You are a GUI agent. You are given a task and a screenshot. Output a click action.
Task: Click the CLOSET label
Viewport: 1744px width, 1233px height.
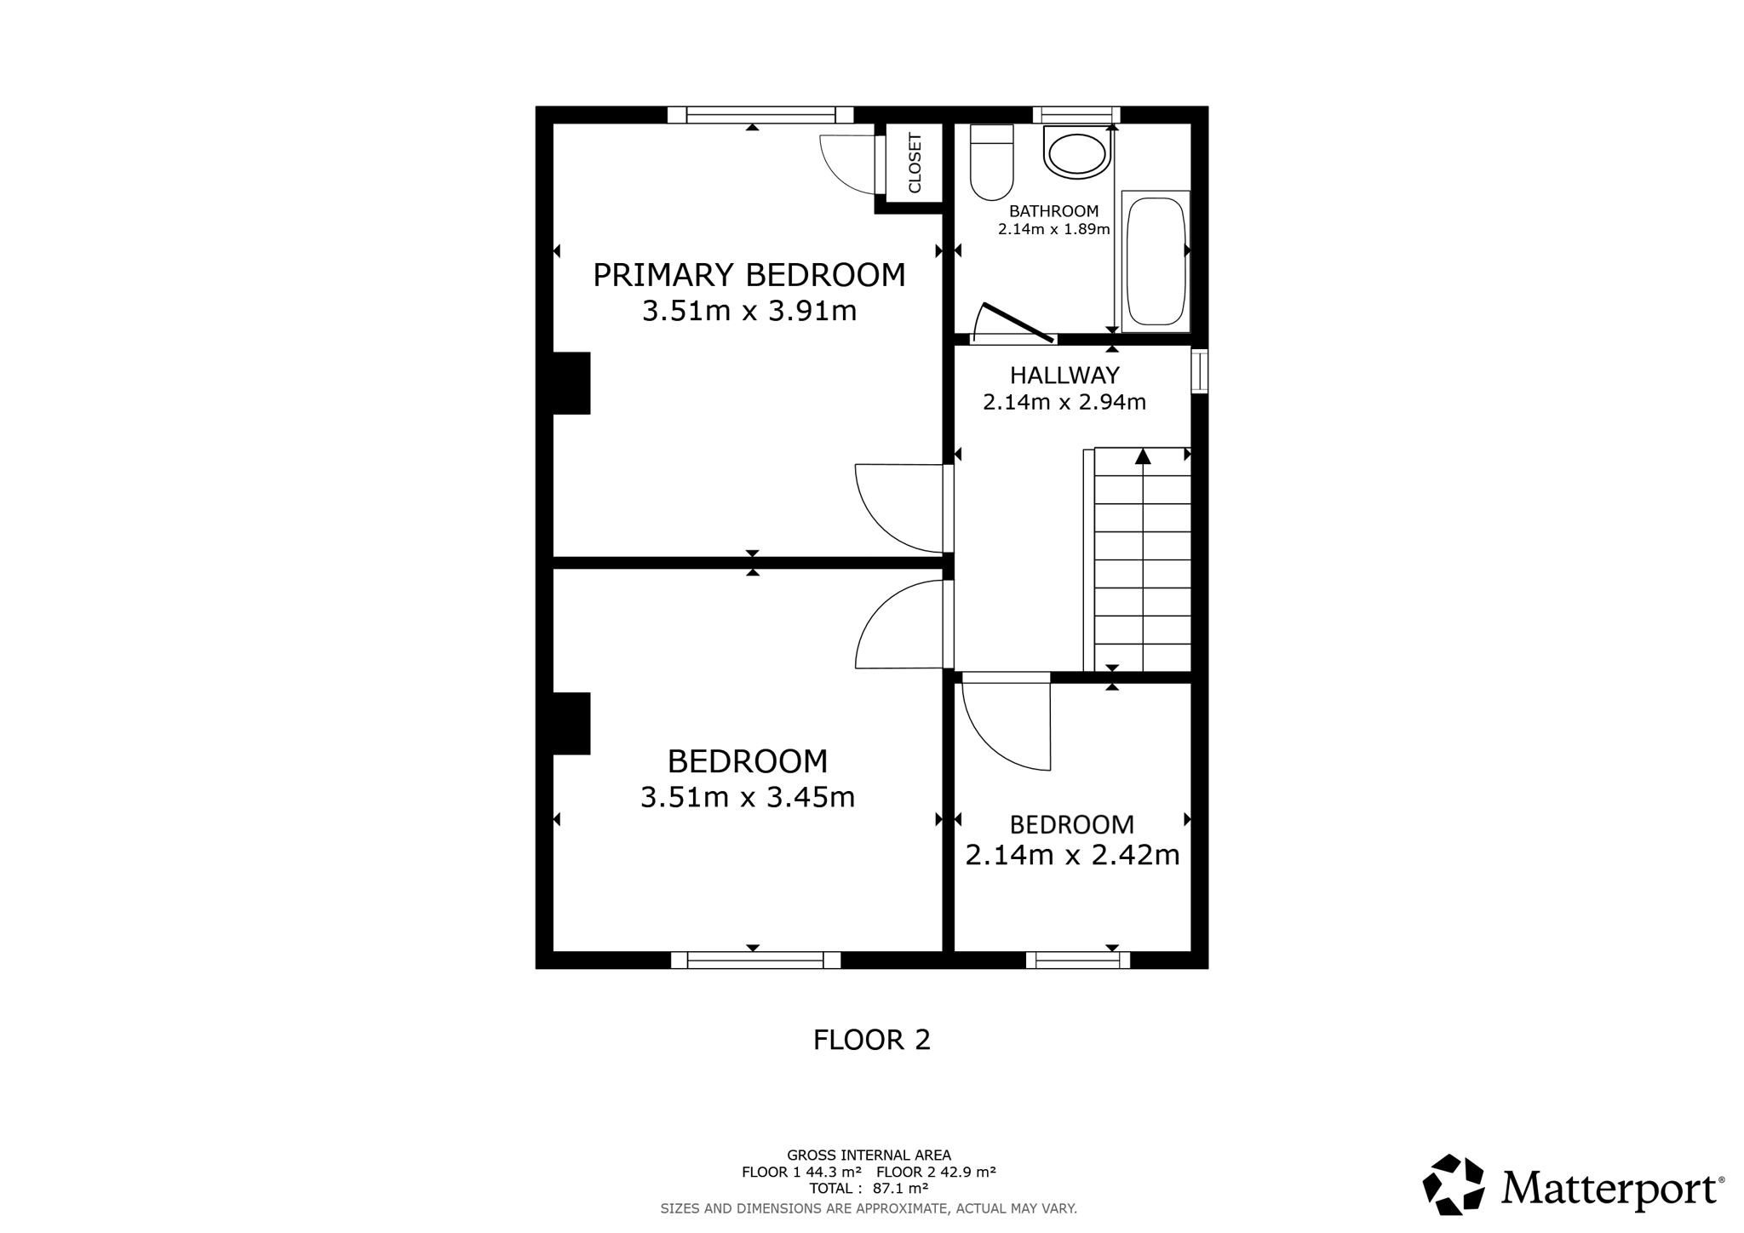pyautogui.click(x=915, y=163)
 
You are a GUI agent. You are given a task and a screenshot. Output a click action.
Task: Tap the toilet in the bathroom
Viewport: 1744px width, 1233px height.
pyautogui.click(x=991, y=162)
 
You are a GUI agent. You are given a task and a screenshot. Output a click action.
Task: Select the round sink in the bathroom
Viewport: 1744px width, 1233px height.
pyautogui.click(x=1077, y=152)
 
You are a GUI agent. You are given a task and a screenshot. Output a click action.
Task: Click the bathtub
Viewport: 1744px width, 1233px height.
pyautogui.click(x=1156, y=261)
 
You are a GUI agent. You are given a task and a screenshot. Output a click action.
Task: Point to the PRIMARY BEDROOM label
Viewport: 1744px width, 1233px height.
pyautogui.click(x=749, y=275)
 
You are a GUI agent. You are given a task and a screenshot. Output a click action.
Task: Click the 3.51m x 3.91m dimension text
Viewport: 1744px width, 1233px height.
pyautogui.click(x=749, y=311)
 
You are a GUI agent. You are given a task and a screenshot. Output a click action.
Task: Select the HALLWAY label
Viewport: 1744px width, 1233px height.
pyautogui.click(x=1064, y=375)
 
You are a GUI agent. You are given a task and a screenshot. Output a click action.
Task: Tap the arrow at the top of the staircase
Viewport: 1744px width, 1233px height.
pyautogui.click(x=1143, y=456)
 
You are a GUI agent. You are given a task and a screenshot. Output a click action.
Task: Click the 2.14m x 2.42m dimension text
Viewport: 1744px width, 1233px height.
pyautogui.click(x=1072, y=854)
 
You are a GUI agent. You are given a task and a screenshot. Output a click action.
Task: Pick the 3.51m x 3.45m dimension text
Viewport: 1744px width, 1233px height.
pyautogui.click(x=748, y=797)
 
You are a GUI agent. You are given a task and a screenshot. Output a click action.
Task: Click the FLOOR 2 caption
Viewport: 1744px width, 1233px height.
pyautogui.click(x=872, y=1040)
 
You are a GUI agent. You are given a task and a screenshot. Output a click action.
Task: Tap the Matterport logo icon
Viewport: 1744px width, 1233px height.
pyautogui.click(x=1454, y=1184)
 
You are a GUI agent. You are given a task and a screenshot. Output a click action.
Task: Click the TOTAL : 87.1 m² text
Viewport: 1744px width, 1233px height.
pyautogui.click(x=869, y=1188)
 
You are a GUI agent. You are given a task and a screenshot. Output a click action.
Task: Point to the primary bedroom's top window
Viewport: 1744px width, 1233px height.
pyautogui.click(x=760, y=115)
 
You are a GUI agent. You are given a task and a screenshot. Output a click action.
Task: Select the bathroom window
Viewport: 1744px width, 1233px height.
pyautogui.click(x=1076, y=115)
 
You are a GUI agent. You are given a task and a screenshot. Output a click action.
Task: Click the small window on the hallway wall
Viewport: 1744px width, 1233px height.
pyautogui.click(x=1199, y=371)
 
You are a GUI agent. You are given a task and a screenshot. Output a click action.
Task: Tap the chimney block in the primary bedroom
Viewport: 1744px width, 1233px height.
pyautogui.click(x=571, y=383)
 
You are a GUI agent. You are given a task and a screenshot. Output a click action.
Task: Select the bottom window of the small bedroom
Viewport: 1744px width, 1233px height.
pyautogui.click(x=1078, y=961)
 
